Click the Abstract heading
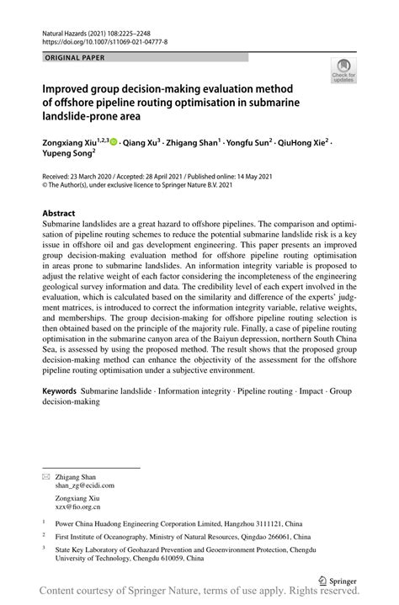click(64, 214)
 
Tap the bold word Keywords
click(60, 392)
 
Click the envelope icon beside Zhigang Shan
click(46, 476)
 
